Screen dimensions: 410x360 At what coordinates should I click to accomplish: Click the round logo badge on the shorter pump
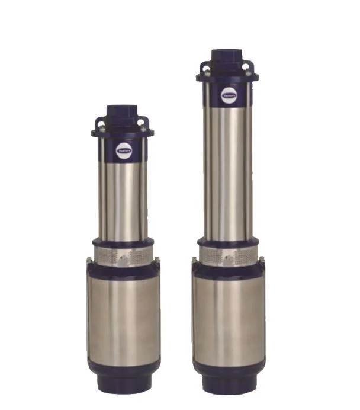point(124,151)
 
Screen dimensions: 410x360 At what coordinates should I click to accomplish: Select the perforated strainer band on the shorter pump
point(123,257)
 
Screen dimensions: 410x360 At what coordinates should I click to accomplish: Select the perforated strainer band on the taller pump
point(228,255)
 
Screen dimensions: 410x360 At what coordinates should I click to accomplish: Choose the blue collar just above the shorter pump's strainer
point(123,242)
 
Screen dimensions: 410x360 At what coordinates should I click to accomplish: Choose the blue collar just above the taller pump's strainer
point(228,242)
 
